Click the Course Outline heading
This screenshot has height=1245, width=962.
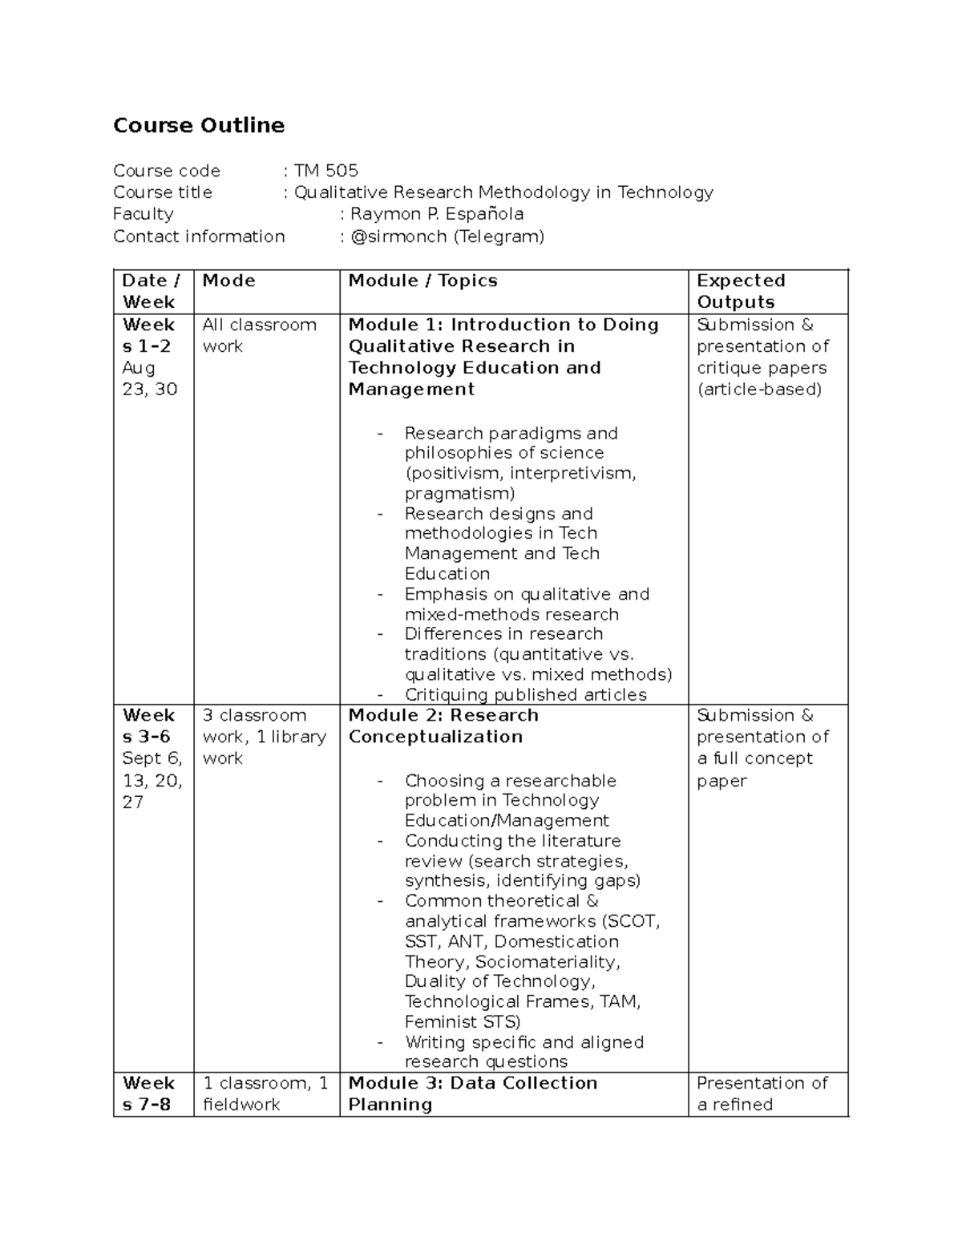tap(199, 126)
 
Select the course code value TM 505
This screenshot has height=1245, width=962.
tap(325, 171)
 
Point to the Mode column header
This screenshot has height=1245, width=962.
tap(228, 281)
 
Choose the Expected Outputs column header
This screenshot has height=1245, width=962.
tap(740, 292)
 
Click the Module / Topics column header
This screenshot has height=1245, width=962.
tap(422, 281)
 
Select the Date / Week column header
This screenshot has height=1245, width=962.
tap(151, 292)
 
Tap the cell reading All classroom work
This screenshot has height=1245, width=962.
tap(259, 335)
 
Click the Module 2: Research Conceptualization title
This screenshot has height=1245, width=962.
tap(443, 726)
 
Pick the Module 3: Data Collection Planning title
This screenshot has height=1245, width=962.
tap(472, 1093)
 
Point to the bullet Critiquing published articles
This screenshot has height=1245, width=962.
tap(525, 695)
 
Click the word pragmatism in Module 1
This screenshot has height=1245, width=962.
tap(459, 494)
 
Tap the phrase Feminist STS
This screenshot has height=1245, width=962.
tap(463, 1022)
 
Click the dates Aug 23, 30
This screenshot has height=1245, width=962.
tap(149, 378)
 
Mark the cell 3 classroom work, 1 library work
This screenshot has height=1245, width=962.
tap(264, 737)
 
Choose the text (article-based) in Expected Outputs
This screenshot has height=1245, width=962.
tap(759, 390)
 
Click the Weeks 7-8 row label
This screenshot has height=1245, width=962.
tap(148, 1093)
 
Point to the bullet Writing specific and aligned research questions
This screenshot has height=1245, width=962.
tap(523, 1052)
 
